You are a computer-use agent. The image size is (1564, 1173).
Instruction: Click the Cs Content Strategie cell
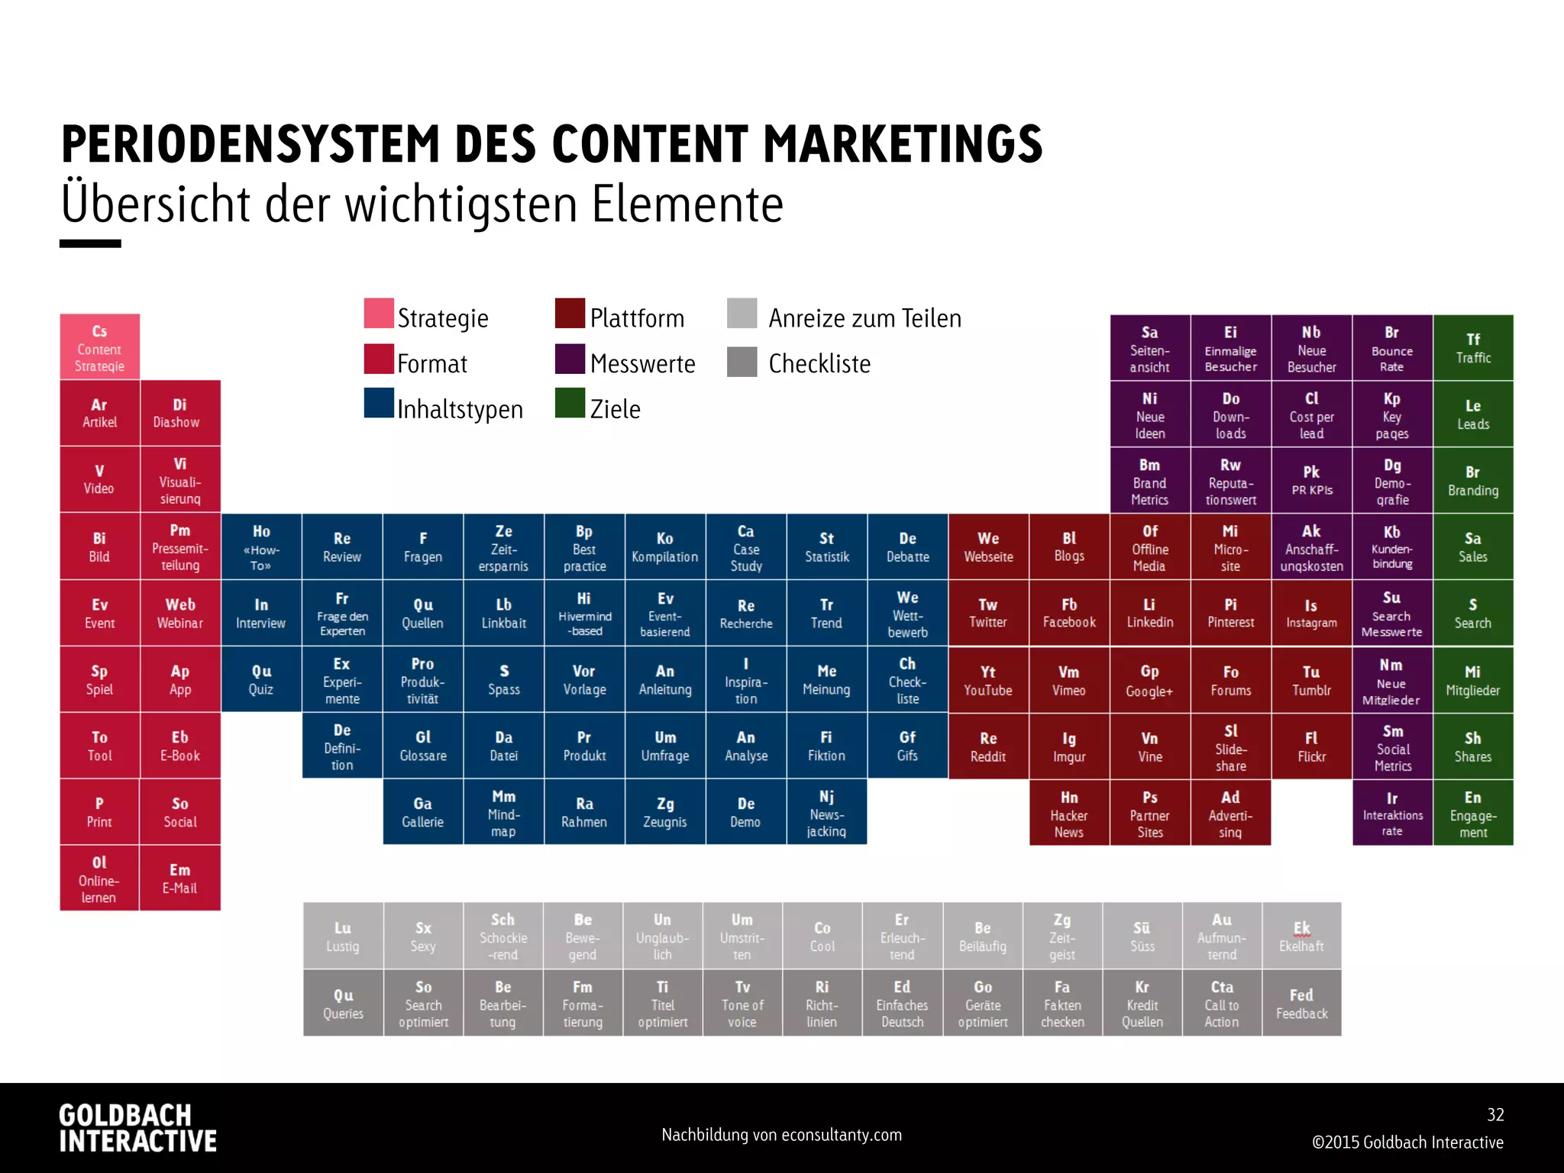[x=99, y=347]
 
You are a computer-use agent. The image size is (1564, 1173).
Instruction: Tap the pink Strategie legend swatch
[x=379, y=314]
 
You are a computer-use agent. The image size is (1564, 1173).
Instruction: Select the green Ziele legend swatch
[x=570, y=404]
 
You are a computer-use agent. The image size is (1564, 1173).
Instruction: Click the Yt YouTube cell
[x=987, y=680]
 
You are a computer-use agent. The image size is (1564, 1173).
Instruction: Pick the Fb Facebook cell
[x=1068, y=613]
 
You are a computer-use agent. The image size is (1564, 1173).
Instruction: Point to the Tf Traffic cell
[x=1472, y=348]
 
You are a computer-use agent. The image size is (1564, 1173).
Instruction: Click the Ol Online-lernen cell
[x=99, y=878]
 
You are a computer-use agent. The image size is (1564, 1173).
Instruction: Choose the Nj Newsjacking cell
[x=826, y=812]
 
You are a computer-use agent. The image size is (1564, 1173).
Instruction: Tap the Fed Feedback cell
[x=1301, y=1003]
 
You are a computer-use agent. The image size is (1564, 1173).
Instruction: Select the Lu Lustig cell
[x=343, y=936]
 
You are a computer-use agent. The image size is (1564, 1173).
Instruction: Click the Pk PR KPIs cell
[x=1311, y=480]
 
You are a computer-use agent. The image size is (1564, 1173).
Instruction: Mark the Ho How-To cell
[x=261, y=546]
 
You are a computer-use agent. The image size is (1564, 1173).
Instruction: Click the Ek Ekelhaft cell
[x=1301, y=936]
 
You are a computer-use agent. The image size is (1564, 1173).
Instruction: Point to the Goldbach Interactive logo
[x=137, y=1128]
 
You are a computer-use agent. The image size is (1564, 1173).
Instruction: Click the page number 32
[x=1495, y=1114]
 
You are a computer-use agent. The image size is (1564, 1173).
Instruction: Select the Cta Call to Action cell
[x=1221, y=1003]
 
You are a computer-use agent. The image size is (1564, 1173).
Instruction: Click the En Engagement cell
[x=1472, y=813]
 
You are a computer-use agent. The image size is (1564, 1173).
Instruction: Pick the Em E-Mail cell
[x=180, y=878]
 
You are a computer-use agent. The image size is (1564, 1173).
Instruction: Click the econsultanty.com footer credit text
[x=781, y=1135]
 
